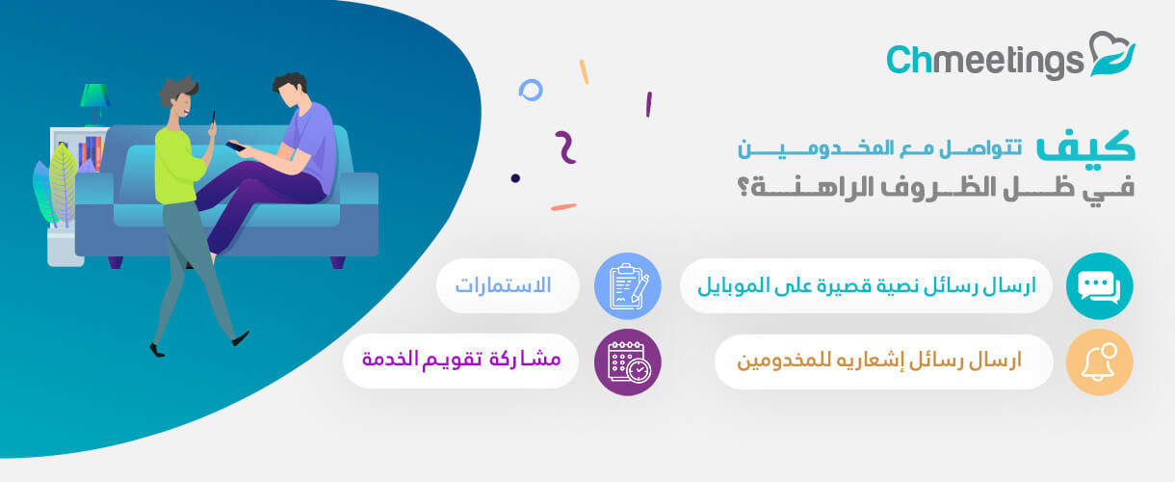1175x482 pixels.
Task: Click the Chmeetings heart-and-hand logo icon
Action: click(1112, 54)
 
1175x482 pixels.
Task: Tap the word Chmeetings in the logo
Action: click(984, 62)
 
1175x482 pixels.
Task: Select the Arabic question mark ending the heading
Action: click(744, 186)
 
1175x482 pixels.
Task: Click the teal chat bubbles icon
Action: click(1100, 286)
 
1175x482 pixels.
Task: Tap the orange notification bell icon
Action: click(1100, 361)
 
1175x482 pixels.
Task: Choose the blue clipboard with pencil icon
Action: click(627, 286)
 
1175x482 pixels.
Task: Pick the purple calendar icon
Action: click(627, 361)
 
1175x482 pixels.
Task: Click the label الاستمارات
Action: click(503, 285)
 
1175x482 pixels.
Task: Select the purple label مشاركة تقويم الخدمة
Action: click(461, 360)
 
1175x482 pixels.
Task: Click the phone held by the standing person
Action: click(214, 117)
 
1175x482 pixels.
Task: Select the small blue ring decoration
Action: click(531, 90)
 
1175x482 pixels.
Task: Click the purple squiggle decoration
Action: click(565, 147)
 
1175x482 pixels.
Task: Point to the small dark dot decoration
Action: click(515, 178)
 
